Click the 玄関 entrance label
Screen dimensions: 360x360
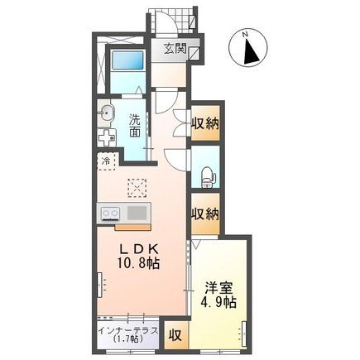tap(173, 50)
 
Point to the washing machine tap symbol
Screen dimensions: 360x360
tap(103, 137)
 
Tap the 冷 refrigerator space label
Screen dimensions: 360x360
tap(106, 162)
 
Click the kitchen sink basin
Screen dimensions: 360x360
tap(137, 214)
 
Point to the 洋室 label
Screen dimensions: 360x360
tap(218, 289)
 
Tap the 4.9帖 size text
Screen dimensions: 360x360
tap(218, 304)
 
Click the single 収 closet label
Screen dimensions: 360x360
tap(175, 335)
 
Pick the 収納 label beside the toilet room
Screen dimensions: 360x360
tap(205, 214)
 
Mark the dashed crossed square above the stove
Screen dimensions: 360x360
tap(137, 187)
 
